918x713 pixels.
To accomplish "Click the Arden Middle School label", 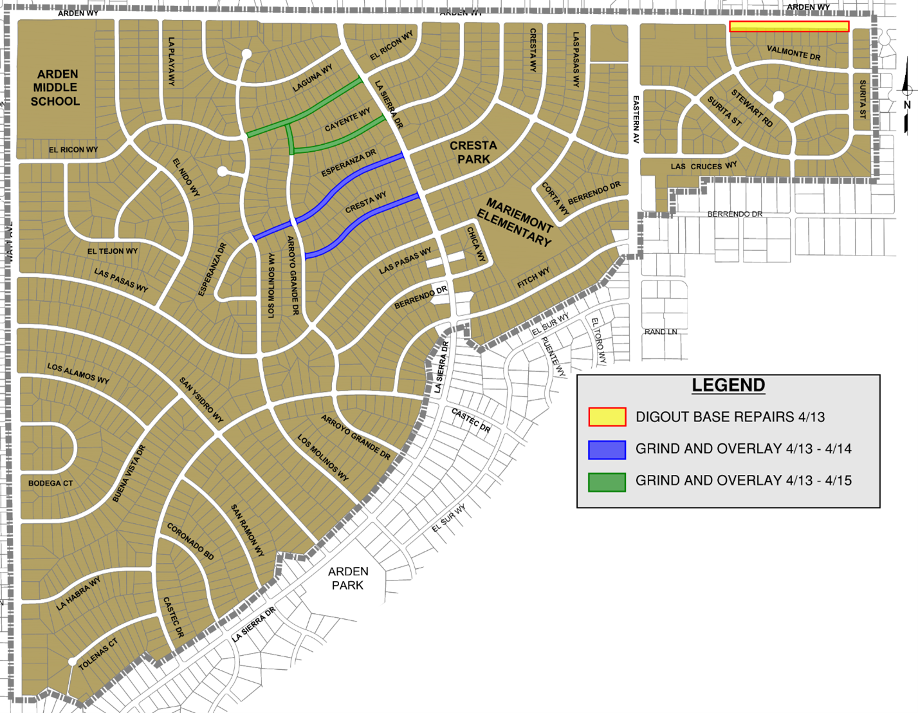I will [55, 88].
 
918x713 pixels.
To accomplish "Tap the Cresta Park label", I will [473, 152].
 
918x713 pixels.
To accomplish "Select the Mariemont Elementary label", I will [515, 222].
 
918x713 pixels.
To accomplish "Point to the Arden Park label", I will [348, 578].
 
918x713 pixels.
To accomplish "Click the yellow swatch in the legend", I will [607, 417].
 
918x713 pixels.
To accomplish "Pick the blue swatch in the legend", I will [607, 449].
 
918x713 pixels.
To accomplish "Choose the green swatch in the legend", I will [607, 481].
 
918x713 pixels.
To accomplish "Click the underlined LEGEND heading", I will [728, 385].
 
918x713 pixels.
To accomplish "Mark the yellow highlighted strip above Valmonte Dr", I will [789, 26].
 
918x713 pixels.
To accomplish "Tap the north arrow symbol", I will [907, 103].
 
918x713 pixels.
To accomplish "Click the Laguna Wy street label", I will [313, 79].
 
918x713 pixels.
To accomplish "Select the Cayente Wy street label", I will [347, 120].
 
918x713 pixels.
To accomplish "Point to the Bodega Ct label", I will [50, 483].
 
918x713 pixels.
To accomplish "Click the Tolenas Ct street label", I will [98, 654].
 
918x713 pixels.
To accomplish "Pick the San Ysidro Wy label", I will [201, 400].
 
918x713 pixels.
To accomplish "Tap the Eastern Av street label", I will [636, 119].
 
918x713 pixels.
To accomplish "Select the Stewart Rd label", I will [752, 109].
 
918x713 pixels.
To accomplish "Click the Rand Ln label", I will [661, 332].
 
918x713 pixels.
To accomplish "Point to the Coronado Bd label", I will [190, 541].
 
